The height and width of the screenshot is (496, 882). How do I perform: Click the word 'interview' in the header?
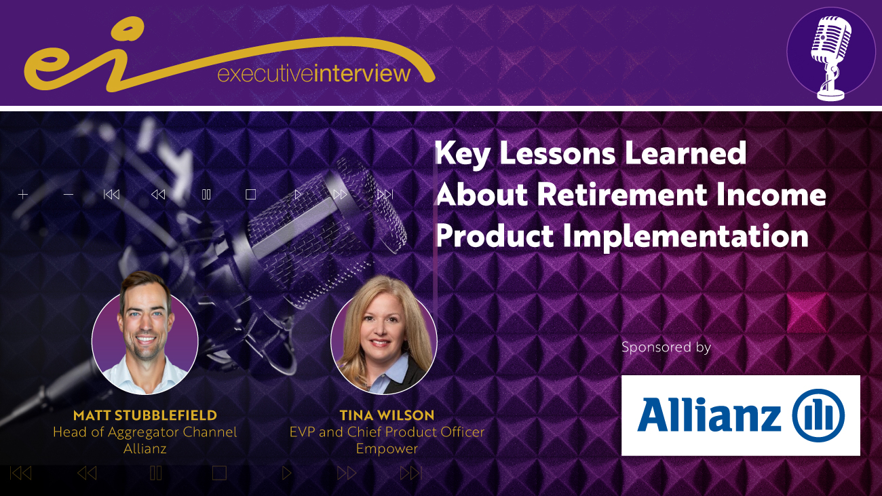[362, 73]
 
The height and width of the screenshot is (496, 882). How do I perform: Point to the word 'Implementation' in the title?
[685, 237]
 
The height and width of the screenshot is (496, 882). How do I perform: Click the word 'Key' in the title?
[463, 154]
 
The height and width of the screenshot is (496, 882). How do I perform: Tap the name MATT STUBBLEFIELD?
[145, 415]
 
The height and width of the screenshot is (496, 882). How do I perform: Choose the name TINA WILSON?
[387, 415]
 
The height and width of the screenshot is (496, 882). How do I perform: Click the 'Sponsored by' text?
[666, 347]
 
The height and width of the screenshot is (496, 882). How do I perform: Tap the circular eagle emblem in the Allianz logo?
[818, 415]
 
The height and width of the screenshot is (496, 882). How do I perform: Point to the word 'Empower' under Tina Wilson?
[387, 449]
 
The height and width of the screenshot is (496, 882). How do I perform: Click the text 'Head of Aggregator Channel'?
[145, 432]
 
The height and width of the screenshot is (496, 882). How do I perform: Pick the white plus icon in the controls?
[23, 195]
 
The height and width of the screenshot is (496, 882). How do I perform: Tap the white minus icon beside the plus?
[69, 195]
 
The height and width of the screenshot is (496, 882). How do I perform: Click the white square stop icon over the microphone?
[250, 195]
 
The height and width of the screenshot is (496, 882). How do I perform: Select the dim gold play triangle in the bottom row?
[286, 473]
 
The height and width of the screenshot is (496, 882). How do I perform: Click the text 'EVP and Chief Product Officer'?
[387, 432]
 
